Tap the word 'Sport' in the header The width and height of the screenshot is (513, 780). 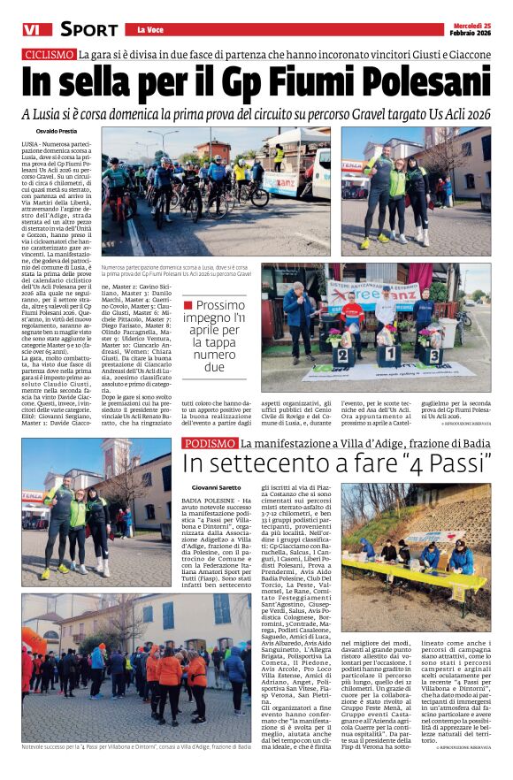88,29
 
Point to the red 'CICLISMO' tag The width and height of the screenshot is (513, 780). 49,55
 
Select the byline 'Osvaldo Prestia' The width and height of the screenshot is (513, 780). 50,131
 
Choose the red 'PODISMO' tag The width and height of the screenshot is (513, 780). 208,443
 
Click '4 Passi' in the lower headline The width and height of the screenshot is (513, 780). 445,464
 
